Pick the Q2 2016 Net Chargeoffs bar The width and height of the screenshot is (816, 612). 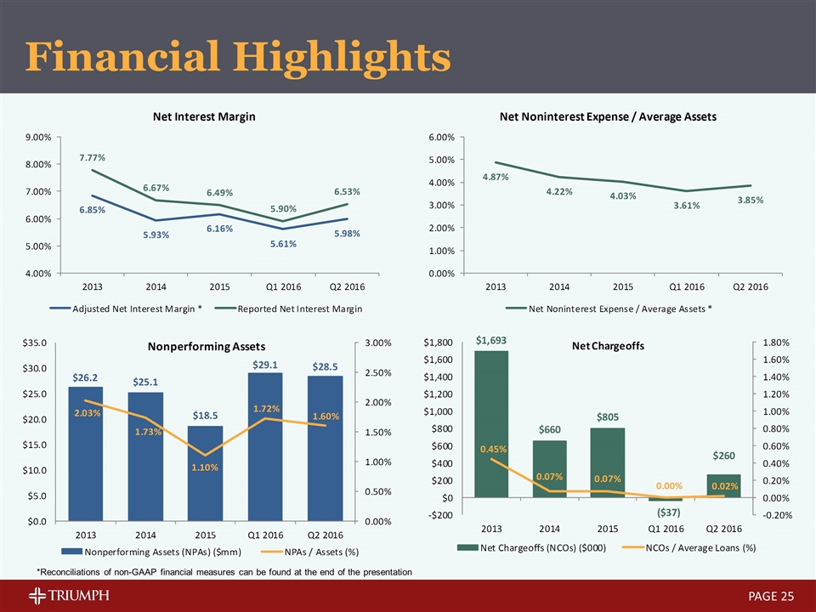[x=723, y=485]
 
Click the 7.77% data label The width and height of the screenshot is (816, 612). [x=93, y=157]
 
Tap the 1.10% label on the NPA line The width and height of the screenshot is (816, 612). [x=204, y=467]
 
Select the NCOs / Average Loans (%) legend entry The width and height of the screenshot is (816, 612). [x=694, y=547]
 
